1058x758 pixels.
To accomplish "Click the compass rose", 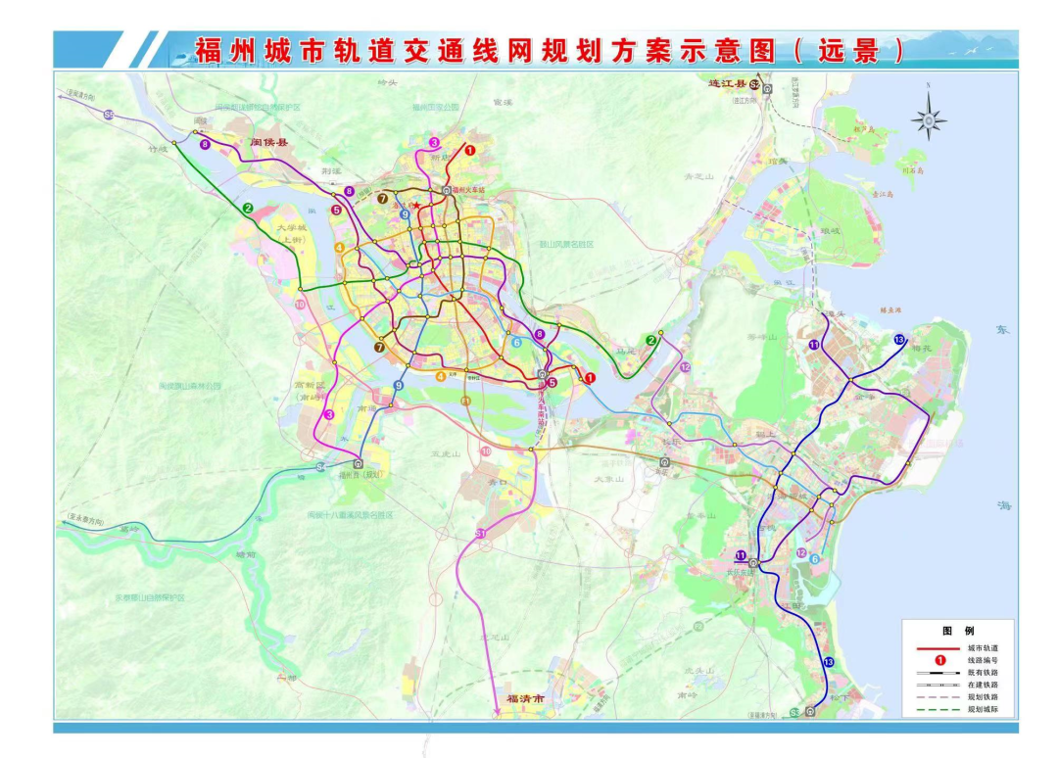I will (928, 119).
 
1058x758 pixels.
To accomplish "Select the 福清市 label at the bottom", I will (524, 700).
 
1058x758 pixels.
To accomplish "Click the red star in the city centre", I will (416, 205).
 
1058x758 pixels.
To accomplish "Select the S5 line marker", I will (320, 468).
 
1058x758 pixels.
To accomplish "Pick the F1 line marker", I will (466, 402).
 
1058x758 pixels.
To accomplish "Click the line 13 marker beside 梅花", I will (899, 339).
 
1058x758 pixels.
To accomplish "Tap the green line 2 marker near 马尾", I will (650, 340).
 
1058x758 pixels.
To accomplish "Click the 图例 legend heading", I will (957, 632).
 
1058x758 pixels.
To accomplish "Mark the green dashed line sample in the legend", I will (938, 708).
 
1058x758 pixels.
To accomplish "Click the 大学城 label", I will (292, 228).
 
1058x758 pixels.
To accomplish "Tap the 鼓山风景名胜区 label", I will (566, 244).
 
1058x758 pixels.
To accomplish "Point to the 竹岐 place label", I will (157, 151).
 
